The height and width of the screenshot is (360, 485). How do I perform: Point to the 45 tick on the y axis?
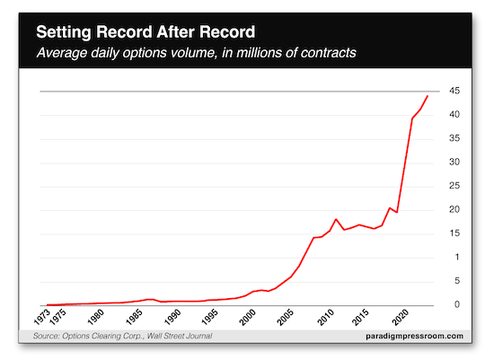[x=456, y=92]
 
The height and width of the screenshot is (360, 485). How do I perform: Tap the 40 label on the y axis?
[x=456, y=115]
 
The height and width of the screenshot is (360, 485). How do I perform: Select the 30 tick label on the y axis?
[x=456, y=162]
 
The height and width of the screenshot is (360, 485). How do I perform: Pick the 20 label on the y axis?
[x=456, y=210]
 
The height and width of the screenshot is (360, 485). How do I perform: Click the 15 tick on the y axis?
[x=456, y=233]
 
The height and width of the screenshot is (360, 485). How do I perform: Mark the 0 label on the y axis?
[x=456, y=305]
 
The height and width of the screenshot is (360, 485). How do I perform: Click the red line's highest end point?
[x=427, y=96]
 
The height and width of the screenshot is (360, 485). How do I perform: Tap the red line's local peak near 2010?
[x=336, y=219]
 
